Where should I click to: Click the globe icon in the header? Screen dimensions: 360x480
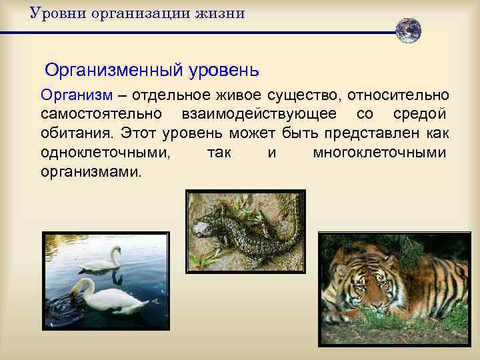click(407, 31)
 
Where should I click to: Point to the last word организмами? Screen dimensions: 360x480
click(91, 172)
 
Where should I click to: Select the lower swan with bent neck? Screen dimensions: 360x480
click(107, 297)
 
